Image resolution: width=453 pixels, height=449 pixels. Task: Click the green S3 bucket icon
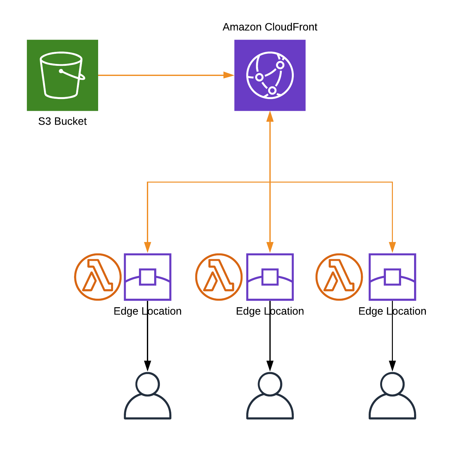coord(62,75)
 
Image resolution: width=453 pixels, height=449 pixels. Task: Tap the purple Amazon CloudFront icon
coord(270,75)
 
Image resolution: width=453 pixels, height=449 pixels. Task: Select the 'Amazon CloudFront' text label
coord(270,27)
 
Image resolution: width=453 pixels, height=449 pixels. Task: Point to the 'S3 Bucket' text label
coord(62,122)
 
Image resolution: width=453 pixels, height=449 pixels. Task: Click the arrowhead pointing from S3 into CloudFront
coord(229,75)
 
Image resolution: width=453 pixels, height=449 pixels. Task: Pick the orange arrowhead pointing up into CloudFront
coord(270,116)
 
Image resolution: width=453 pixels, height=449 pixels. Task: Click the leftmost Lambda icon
coord(98,277)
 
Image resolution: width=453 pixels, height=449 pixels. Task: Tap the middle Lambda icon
coord(219,277)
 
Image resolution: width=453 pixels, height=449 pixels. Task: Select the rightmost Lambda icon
coord(339,277)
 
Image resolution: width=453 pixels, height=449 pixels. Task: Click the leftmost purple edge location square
coord(148,277)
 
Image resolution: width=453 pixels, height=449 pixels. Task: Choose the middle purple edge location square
coord(270,277)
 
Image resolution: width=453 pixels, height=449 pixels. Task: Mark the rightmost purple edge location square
coord(392,277)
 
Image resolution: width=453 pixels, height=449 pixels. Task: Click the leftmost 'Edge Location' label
coord(148,311)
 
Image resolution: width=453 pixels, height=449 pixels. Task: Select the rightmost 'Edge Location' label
coord(392,311)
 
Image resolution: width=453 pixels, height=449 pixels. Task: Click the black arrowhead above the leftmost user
coord(148,366)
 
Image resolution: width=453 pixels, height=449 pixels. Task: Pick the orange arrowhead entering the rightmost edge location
coord(392,247)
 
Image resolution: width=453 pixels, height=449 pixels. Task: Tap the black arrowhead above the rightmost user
coord(392,366)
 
